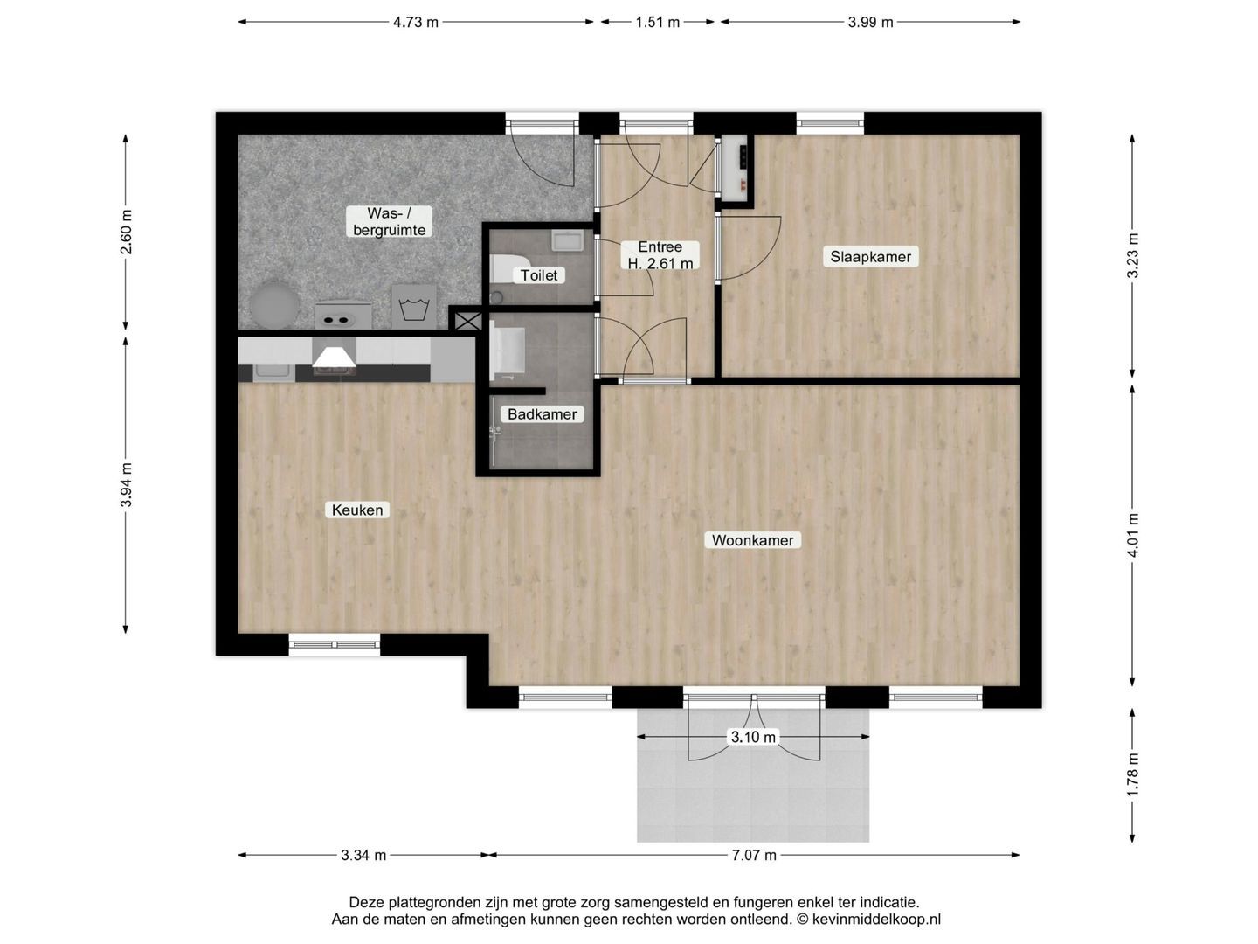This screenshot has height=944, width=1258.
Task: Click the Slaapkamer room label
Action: click(x=870, y=256)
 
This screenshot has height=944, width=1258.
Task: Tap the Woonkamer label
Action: click(x=752, y=540)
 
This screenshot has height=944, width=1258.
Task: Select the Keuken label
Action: click(x=357, y=510)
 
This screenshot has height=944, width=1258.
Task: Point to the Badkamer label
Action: click(x=542, y=413)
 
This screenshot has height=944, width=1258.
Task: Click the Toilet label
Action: click(x=538, y=275)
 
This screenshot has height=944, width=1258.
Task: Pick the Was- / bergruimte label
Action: click(x=389, y=222)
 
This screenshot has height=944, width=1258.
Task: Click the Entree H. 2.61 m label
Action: click(x=660, y=255)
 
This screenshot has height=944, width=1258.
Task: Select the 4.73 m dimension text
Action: click(x=416, y=22)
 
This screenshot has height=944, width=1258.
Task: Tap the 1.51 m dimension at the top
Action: click(x=657, y=22)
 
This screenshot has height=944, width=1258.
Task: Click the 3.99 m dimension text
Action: click(x=870, y=22)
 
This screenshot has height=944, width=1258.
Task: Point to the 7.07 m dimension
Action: click(x=754, y=855)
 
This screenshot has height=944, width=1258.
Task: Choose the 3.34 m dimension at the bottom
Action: click(x=363, y=855)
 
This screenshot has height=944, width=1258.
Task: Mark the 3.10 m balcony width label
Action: click(x=753, y=737)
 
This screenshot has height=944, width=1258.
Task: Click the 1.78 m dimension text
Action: click(x=1132, y=774)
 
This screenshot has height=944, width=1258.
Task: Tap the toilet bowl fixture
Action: click(x=507, y=267)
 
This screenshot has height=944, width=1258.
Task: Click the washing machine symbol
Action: click(x=413, y=306)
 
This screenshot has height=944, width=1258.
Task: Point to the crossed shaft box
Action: click(x=467, y=320)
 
